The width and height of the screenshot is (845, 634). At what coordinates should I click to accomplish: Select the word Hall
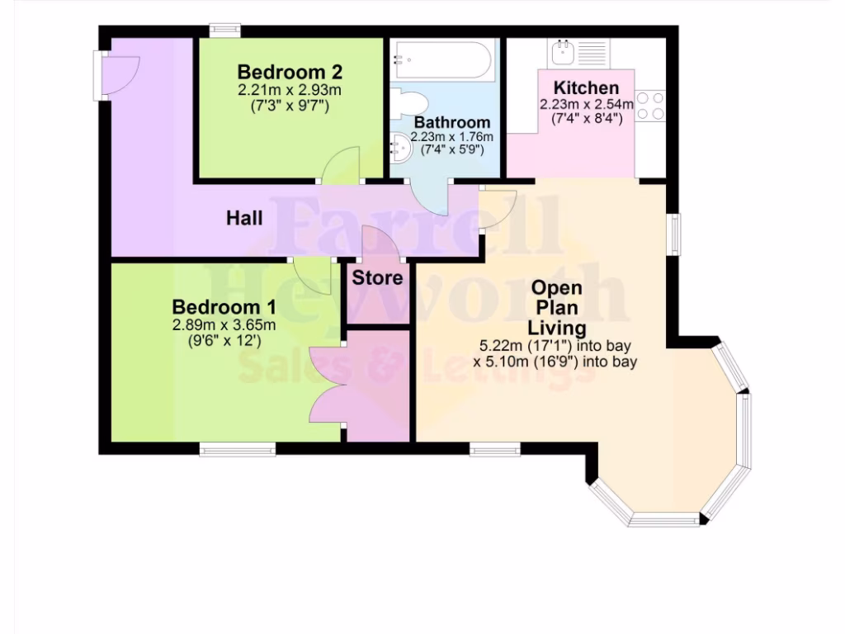coord(245,218)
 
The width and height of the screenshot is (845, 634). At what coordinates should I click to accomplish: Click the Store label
coord(378,277)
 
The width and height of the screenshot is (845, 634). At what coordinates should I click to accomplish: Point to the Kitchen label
coord(586,88)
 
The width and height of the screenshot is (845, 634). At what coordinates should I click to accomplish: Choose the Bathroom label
coord(452,123)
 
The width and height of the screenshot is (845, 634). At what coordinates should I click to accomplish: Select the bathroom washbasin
coord(402,149)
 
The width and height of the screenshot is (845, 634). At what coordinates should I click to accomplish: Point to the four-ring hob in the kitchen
coord(650,106)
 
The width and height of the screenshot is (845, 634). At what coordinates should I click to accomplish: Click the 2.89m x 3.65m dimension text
coord(224,324)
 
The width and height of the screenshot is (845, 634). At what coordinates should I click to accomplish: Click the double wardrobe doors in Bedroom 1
coord(328,384)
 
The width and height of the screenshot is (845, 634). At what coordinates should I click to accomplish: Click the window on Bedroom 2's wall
coord(224,31)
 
